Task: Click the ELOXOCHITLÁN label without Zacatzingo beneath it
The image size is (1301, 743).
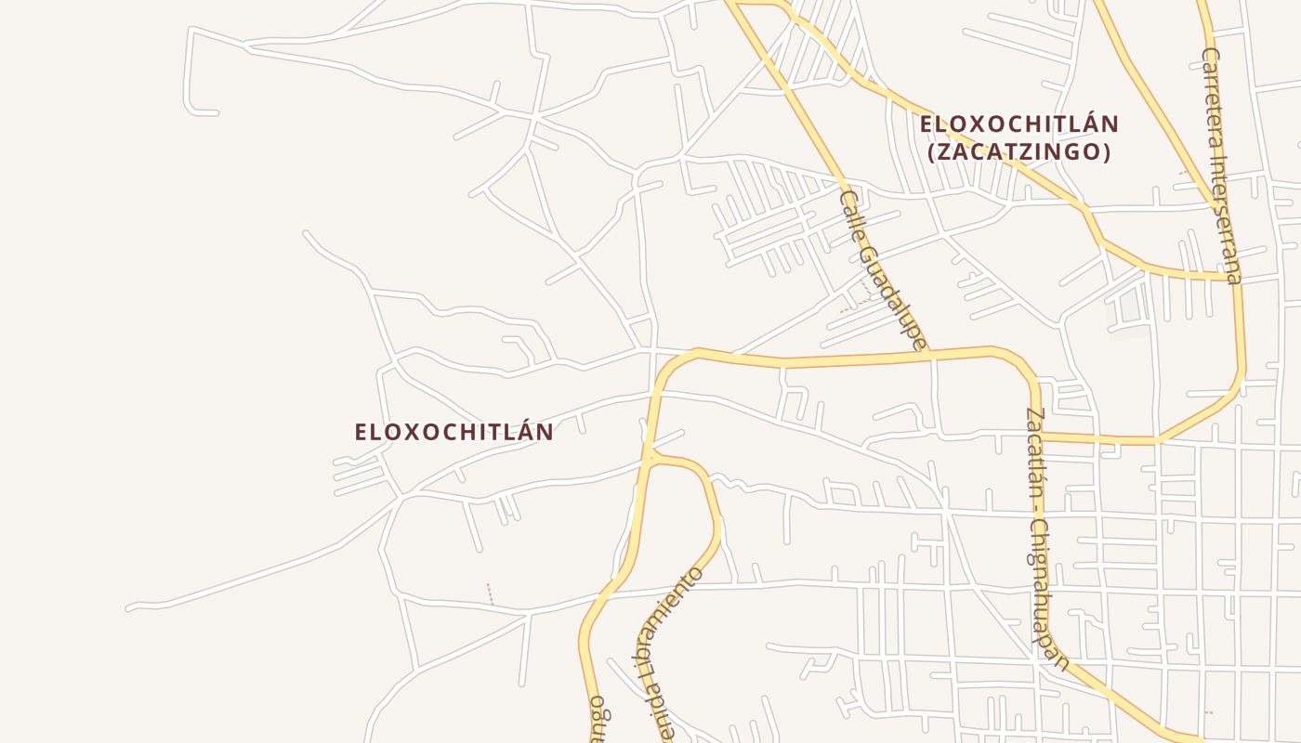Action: click(x=453, y=432)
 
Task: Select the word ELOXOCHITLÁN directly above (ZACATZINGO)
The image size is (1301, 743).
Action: click(x=1018, y=124)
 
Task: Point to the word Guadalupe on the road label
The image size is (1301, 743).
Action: click(x=894, y=295)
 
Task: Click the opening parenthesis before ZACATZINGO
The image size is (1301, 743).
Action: click(x=932, y=151)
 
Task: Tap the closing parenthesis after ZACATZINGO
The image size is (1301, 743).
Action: click(x=1106, y=151)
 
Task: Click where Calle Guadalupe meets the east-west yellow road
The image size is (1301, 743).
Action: click(x=931, y=354)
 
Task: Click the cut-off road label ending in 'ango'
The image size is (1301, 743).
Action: click(x=597, y=720)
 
